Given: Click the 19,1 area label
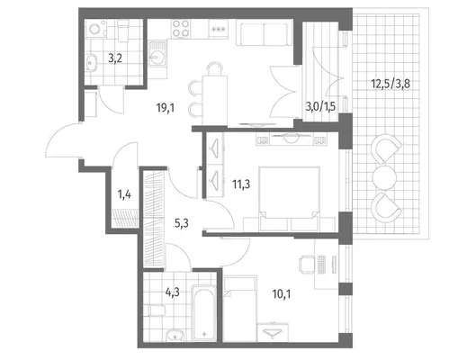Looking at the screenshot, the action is pos(166,107).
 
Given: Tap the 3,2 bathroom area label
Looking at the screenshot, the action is pos(115,58).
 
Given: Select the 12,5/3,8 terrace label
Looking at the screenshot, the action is pos(391,84).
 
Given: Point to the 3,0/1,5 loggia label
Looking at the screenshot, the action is pos(320,107).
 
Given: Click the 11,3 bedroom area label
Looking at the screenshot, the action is pos(241,184).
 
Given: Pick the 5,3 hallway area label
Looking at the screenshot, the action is pos(182,223).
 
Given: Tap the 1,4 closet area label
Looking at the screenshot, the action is pos(124,194).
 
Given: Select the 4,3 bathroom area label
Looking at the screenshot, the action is pos(172,292).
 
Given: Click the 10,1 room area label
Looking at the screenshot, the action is pos(282,293).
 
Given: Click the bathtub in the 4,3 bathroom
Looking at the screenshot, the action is pos(204,313).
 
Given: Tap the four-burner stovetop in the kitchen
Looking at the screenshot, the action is pos(181,29).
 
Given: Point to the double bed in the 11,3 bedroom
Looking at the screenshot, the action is pos(289,199).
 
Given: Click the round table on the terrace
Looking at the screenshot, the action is pos(384,178).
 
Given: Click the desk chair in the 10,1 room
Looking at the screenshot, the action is pos(307,264).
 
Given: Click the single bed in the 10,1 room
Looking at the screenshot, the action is pos(240,309).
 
